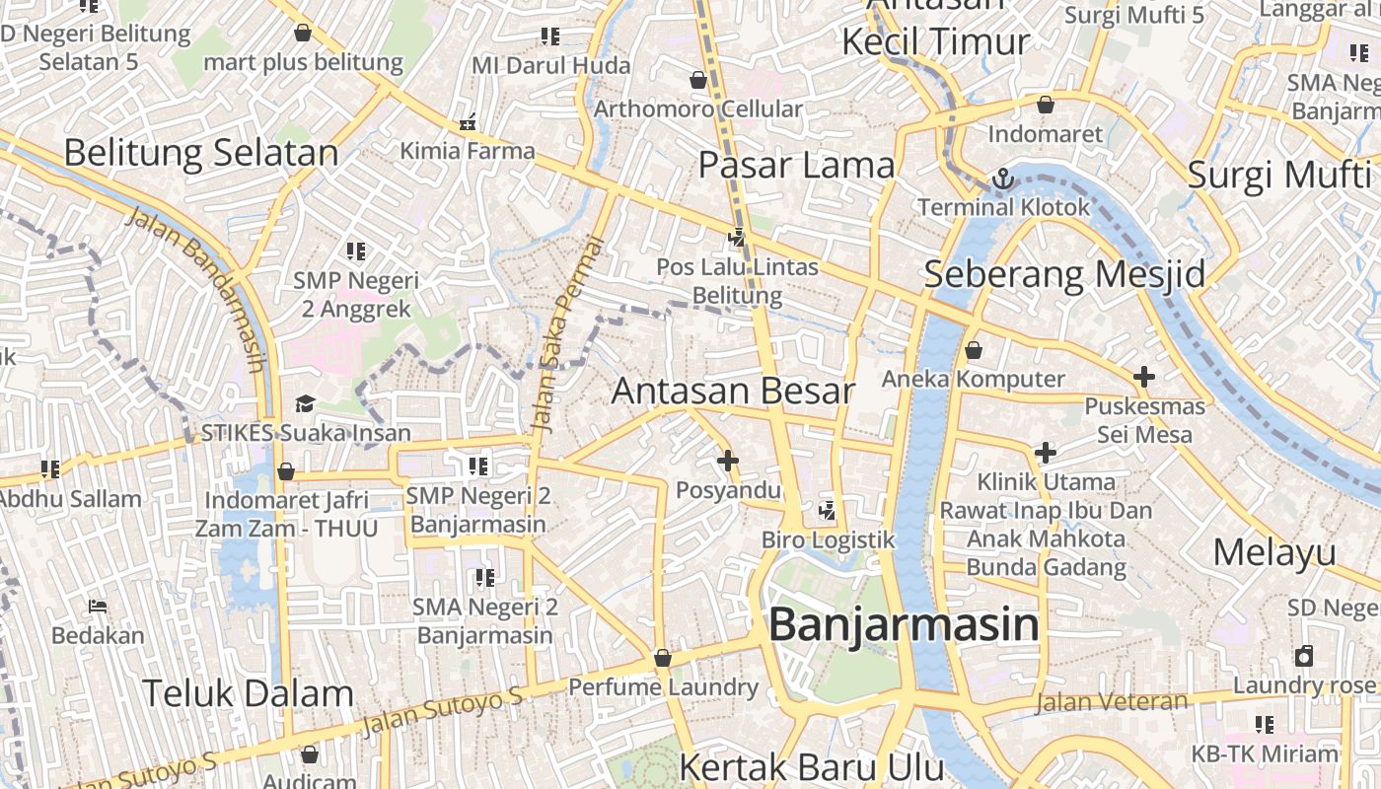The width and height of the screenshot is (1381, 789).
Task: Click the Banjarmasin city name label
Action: click(x=904, y=625)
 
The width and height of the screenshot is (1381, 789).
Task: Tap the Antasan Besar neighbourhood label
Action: click(x=733, y=391)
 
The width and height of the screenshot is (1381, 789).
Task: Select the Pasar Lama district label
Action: click(x=796, y=165)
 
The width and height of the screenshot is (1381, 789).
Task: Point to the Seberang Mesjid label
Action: click(x=1064, y=274)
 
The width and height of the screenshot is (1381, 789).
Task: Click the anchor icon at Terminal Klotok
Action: click(x=1003, y=179)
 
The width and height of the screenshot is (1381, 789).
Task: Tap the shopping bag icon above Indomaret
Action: click(x=1046, y=105)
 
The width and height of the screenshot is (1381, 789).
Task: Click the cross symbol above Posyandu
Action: click(x=728, y=460)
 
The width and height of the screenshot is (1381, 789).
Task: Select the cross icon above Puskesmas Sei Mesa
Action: click(x=1144, y=377)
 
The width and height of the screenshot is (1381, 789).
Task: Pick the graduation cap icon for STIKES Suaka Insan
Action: click(x=305, y=404)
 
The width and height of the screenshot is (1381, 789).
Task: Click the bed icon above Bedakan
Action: click(x=98, y=606)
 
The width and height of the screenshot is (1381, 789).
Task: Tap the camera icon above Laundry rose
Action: click(x=1304, y=657)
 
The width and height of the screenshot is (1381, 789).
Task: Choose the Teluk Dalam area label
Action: click(x=248, y=693)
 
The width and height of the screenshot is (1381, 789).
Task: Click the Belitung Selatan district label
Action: click(x=201, y=153)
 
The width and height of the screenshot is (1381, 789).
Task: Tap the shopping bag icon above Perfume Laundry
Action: click(x=663, y=658)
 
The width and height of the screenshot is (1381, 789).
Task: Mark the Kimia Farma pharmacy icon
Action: click(x=468, y=124)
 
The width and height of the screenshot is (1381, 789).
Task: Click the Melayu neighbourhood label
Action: click(x=1274, y=552)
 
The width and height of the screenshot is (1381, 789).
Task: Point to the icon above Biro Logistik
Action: click(x=827, y=511)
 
